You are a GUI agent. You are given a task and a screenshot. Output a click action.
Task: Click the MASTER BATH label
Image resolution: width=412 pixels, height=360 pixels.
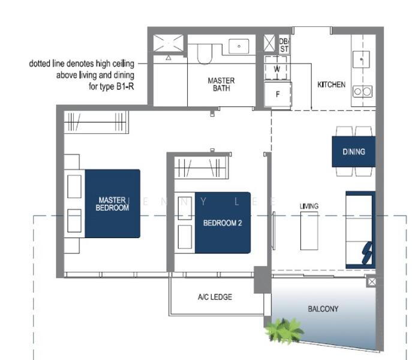[x=221, y=84]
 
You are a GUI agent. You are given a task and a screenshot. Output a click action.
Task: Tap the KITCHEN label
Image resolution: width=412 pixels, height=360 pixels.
[x=331, y=85]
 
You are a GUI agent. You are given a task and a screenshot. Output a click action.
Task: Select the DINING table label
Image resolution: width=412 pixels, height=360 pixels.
[x=354, y=152]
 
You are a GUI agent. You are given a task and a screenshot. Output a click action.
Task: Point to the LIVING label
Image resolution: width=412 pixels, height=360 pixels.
[x=309, y=206]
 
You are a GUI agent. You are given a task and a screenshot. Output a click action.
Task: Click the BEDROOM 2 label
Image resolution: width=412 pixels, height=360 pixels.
[x=222, y=223]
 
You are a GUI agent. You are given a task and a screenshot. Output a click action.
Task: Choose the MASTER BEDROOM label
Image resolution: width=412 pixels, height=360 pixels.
[x=112, y=204]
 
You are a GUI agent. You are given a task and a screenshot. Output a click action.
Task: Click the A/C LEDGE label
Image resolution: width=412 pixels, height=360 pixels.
[x=215, y=297]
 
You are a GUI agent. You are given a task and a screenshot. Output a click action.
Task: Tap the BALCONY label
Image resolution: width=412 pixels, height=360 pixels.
[x=323, y=309]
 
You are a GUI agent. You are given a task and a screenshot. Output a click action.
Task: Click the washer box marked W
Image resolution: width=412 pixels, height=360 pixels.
[x=277, y=69]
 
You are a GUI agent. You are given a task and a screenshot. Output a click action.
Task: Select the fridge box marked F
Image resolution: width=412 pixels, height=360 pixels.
[x=277, y=94]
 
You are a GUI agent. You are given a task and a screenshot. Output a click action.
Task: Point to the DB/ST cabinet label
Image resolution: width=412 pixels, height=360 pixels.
[x=284, y=45]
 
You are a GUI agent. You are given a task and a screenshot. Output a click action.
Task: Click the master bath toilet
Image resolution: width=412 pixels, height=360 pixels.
[x=204, y=52]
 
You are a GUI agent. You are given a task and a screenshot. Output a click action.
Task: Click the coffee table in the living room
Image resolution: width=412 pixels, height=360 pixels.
[x=309, y=230]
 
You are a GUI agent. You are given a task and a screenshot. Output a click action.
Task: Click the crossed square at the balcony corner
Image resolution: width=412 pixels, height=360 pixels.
[x=372, y=281]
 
